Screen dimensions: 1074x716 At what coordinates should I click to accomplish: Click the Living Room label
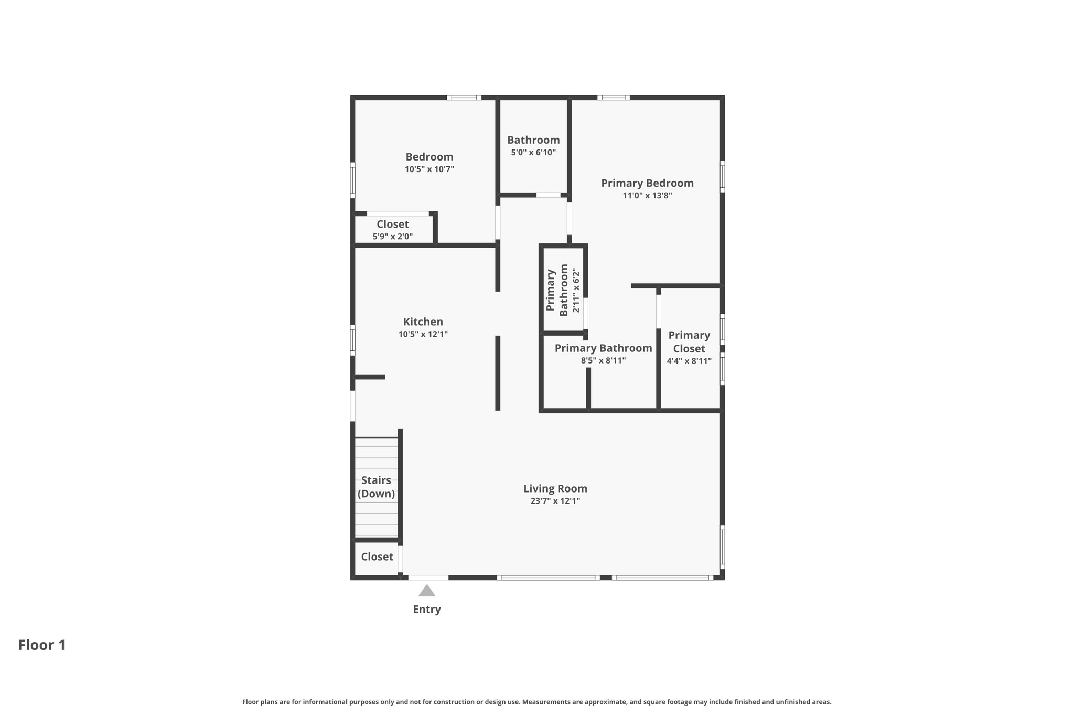555,488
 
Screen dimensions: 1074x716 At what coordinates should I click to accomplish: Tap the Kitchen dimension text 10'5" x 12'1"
423,334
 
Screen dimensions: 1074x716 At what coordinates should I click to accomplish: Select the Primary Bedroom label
647,183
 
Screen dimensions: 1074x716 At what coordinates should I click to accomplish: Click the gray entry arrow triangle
427,591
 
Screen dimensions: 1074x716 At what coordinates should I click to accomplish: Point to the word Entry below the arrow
427,609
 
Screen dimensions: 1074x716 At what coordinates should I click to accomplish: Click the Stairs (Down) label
376,487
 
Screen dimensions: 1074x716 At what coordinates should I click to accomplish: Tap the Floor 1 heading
42,645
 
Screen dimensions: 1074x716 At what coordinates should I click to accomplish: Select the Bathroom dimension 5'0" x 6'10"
533,153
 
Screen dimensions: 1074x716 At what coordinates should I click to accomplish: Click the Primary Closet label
689,341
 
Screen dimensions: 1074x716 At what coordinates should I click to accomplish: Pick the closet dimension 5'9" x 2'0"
392,237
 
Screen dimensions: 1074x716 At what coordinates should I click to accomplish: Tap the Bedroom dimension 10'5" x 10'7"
429,169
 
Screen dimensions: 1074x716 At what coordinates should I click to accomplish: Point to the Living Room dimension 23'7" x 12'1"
555,501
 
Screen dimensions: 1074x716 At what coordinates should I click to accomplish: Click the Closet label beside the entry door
377,557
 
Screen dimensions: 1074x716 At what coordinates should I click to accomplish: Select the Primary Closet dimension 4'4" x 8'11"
689,361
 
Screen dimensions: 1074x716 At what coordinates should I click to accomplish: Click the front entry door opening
428,578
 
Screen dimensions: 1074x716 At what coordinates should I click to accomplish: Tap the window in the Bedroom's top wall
464,98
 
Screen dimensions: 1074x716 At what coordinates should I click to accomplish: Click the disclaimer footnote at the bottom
536,702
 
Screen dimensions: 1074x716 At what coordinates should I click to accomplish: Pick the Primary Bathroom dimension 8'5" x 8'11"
603,360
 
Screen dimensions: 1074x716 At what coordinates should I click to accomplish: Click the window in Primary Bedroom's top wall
614,98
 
